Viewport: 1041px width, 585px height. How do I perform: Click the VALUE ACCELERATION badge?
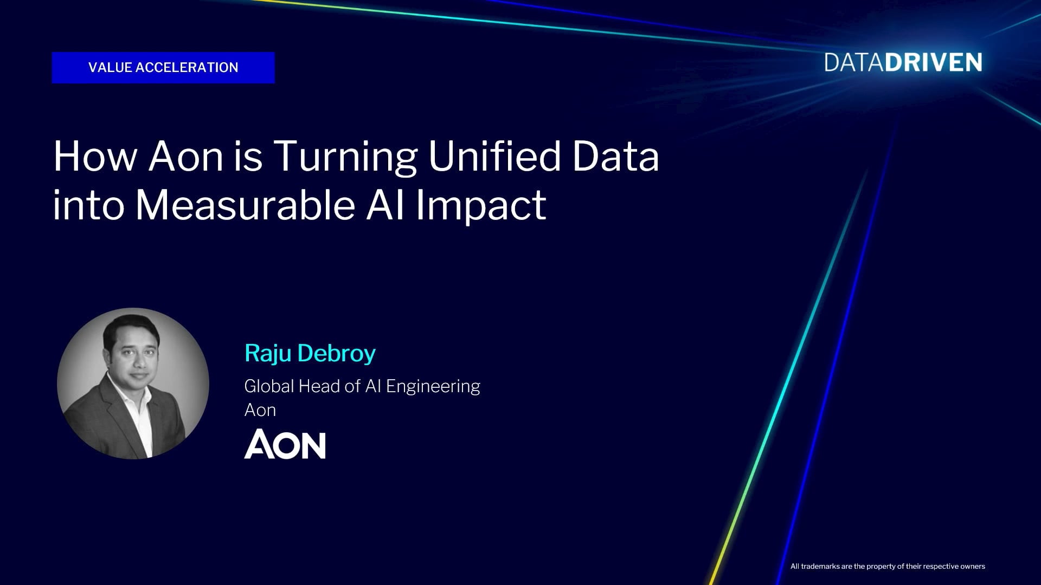click(x=163, y=68)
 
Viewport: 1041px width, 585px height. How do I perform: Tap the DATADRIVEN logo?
click(x=903, y=63)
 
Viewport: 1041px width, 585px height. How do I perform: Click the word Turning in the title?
click(x=345, y=157)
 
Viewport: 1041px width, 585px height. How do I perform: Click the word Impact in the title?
click(x=481, y=206)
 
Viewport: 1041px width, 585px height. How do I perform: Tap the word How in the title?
click(x=95, y=157)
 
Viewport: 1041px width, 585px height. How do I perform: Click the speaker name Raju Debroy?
click(x=310, y=353)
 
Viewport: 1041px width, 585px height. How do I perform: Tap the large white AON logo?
click(x=285, y=444)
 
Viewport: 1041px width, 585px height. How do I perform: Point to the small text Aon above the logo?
click(x=260, y=410)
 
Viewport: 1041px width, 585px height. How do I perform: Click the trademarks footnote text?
click(x=888, y=567)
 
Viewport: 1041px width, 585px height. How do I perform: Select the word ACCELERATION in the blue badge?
click(x=187, y=68)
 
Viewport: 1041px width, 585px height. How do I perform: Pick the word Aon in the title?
click(x=186, y=157)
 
